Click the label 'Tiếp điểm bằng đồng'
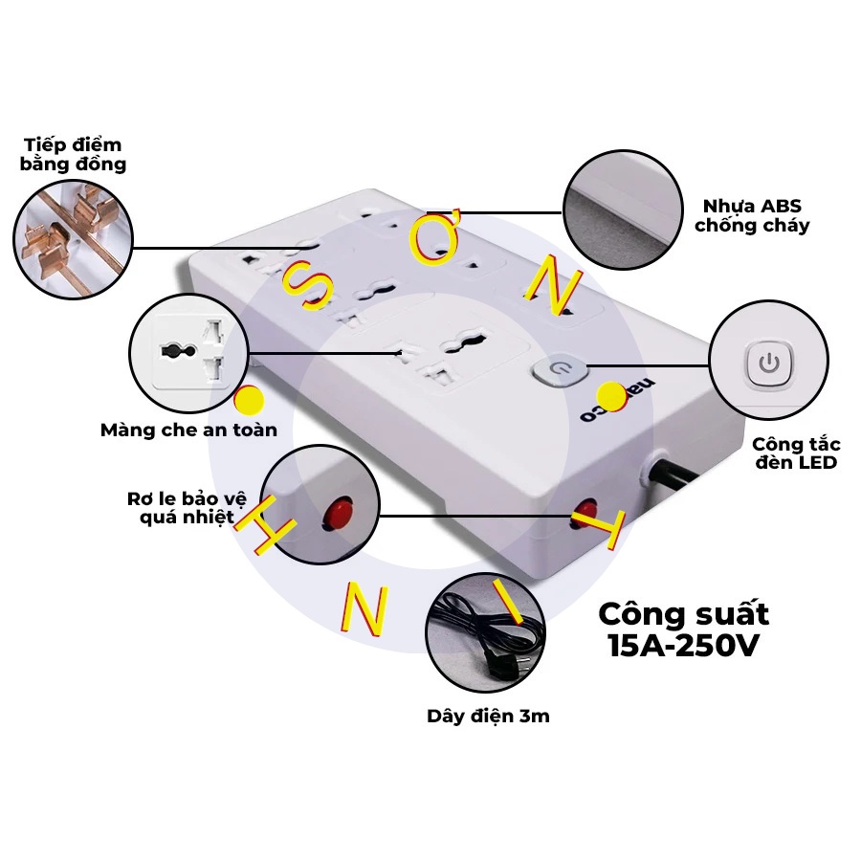(x=75, y=154)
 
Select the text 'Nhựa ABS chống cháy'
(x=752, y=215)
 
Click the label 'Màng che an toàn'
(x=188, y=430)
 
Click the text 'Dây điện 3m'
(x=488, y=716)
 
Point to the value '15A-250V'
(x=683, y=646)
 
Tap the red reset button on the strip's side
(x=585, y=509)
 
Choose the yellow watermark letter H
(x=259, y=525)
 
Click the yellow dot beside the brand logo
(x=609, y=393)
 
